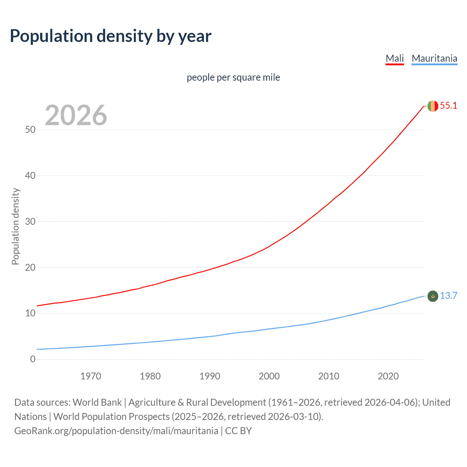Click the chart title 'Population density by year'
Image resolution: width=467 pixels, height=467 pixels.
(111, 36)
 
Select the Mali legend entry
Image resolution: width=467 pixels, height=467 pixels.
(395, 58)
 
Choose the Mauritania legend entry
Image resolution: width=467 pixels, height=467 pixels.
(434, 58)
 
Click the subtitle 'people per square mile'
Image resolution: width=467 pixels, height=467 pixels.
(233, 78)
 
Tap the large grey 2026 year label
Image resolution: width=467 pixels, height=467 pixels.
(76, 115)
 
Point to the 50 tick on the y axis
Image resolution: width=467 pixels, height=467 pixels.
(30, 130)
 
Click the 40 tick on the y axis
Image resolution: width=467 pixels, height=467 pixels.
(30, 176)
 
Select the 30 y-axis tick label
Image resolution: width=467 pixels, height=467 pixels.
(30, 222)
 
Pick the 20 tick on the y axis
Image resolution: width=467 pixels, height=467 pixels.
(30, 267)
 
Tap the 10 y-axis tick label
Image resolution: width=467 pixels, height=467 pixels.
(30, 313)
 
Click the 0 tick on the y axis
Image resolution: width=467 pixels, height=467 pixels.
(33, 359)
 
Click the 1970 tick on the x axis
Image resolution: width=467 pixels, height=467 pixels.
(91, 376)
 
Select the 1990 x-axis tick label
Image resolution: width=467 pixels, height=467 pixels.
(210, 376)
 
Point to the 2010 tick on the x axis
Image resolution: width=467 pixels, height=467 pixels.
(329, 376)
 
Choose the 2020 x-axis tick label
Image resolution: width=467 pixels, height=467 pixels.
(388, 376)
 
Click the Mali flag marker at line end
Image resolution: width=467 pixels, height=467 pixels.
(433, 106)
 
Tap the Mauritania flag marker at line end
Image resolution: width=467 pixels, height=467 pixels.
(433, 296)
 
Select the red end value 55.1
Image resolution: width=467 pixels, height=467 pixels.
(448, 106)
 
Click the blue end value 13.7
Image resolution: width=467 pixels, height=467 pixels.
(448, 296)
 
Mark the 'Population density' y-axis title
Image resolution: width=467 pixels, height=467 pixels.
(15, 226)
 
